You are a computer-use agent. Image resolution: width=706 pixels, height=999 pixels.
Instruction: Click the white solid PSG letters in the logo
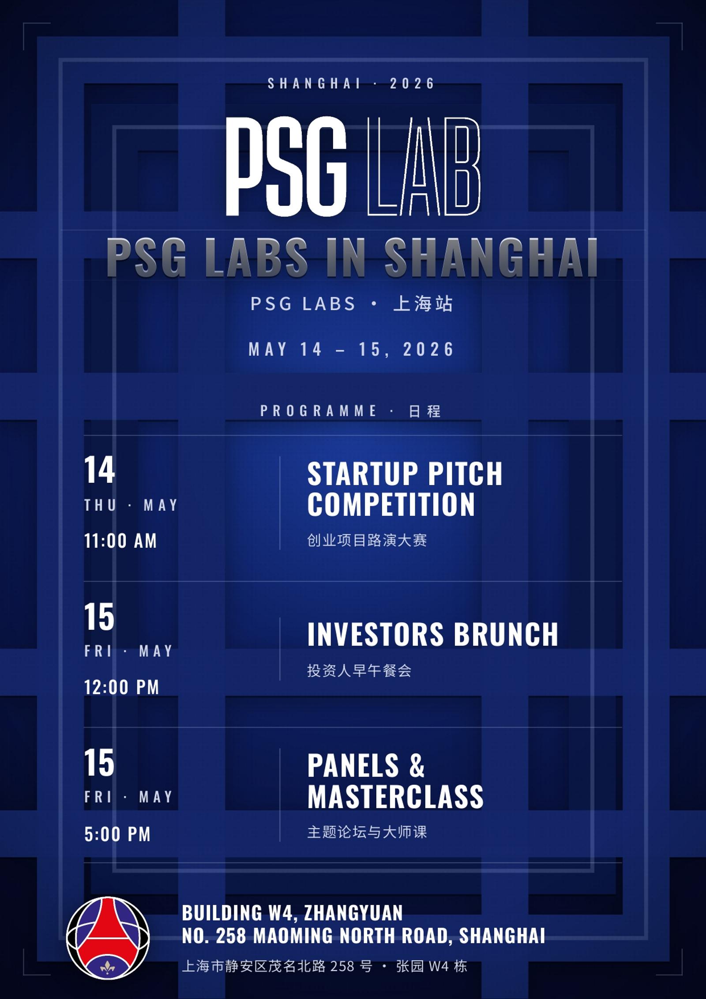pos(286,166)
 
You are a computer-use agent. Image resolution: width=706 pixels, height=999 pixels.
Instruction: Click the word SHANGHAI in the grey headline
pos(491,257)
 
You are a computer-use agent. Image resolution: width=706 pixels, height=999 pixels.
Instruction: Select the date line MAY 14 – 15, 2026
pos(351,349)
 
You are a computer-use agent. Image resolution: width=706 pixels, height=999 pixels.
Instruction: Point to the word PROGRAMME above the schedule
pos(318,411)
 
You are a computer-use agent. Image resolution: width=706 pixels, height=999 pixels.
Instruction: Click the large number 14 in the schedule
pos(100,470)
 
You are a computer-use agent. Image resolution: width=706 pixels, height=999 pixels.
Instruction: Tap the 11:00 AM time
pos(120,541)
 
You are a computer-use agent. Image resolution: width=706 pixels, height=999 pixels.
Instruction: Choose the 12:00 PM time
pos(121,687)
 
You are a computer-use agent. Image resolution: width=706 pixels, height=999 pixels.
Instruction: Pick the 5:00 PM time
pos(117,834)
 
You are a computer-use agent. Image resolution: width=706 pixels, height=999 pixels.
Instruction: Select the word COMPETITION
pos(391,504)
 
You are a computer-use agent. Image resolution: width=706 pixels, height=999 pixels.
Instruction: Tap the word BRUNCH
pos(506,634)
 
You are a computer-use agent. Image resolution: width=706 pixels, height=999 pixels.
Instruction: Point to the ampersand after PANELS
pos(417,765)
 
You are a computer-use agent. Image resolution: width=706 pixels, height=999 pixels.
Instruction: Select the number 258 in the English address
pos(231,936)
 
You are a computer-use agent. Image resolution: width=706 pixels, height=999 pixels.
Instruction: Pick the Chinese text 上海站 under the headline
pos(423,304)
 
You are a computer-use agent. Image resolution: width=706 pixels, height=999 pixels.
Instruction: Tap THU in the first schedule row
pos(101,505)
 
